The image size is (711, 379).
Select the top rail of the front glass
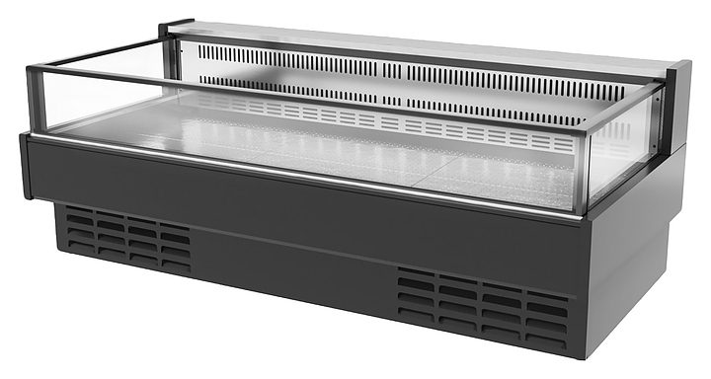pyautogui.click(x=296, y=99)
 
